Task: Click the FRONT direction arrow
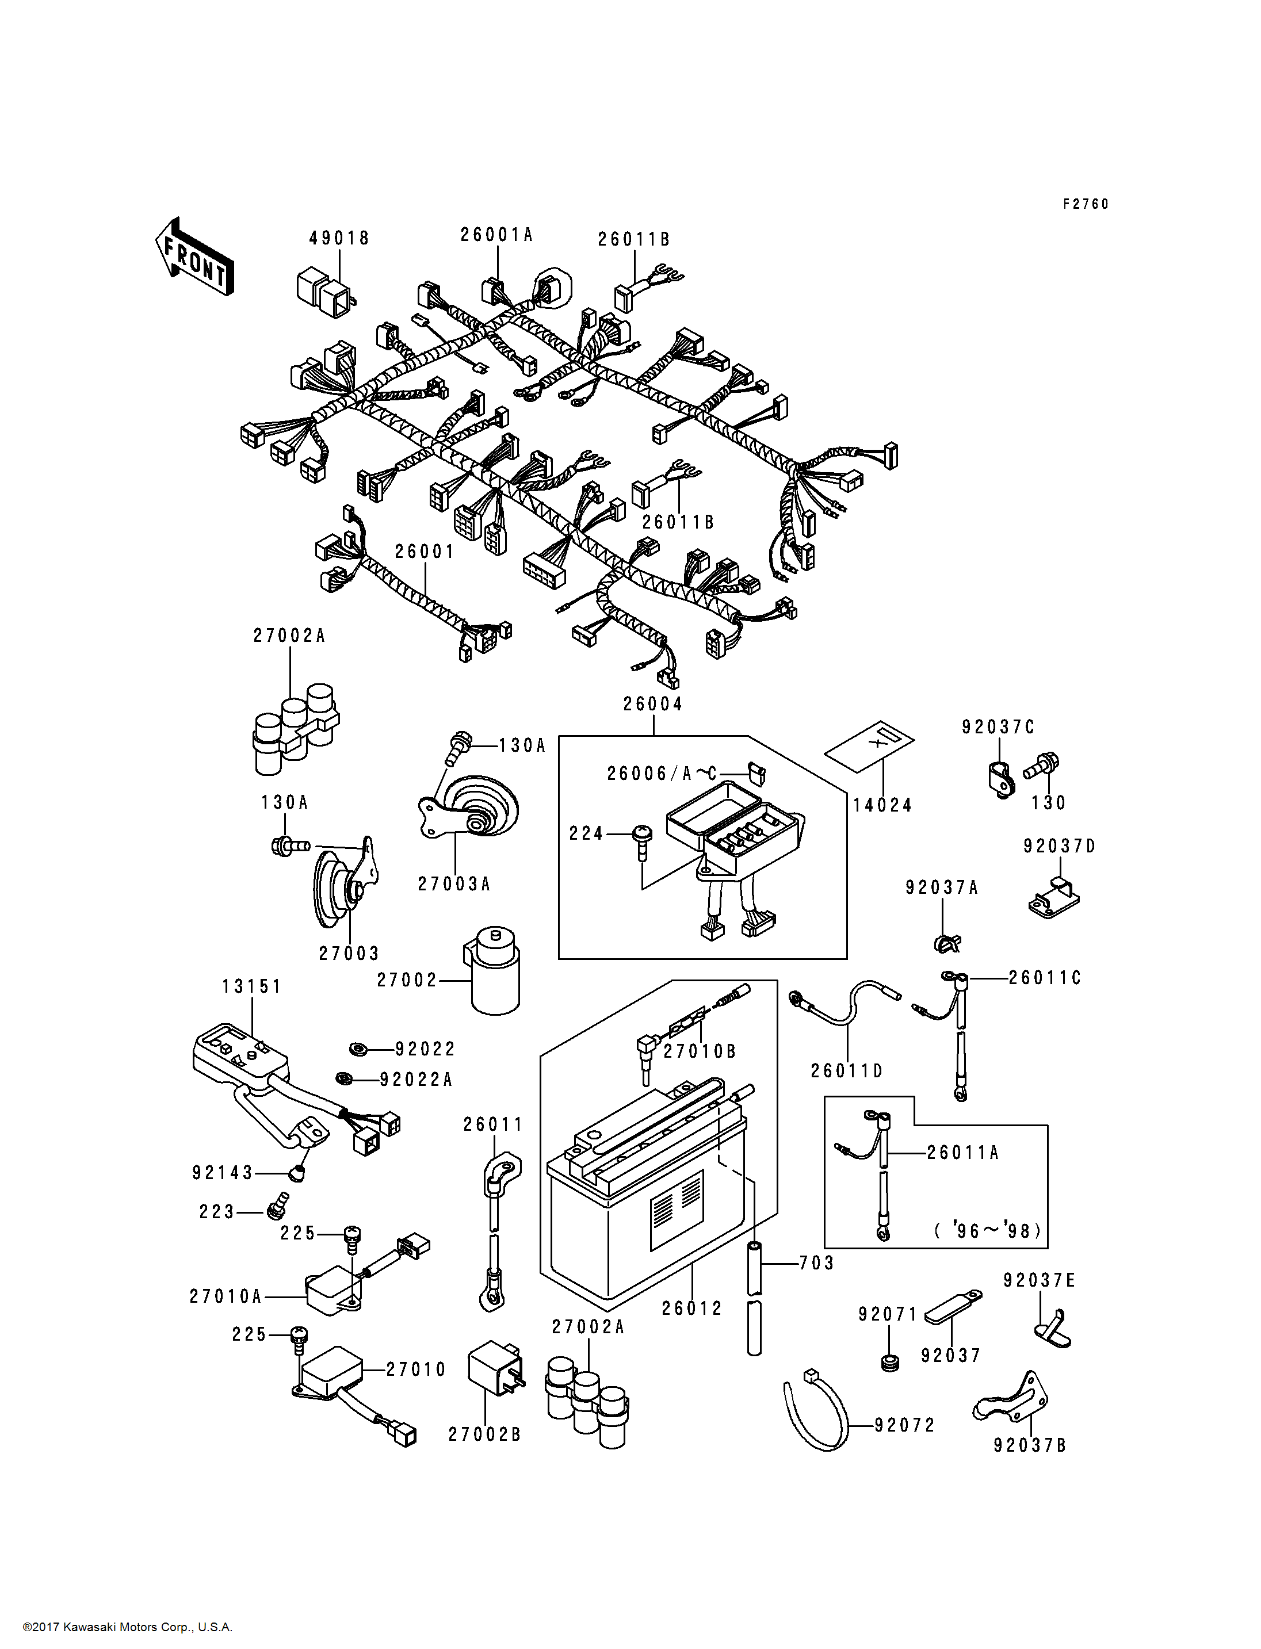coord(194,257)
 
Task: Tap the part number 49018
coord(339,238)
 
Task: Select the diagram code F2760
coord(1086,204)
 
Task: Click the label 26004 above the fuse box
coord(653,704)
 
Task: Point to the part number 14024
coord(882,805)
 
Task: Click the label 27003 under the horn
coord(349,953)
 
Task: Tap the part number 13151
coord(251,986)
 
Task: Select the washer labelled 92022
coord(360,1049)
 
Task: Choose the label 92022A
coord(416,1080)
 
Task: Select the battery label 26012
coord(691,1309)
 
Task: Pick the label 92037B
coord(1029,1445)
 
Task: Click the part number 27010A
coord(225,1296)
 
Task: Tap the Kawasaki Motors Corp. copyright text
coord(128,1627)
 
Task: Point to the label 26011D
coord(847,1071)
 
